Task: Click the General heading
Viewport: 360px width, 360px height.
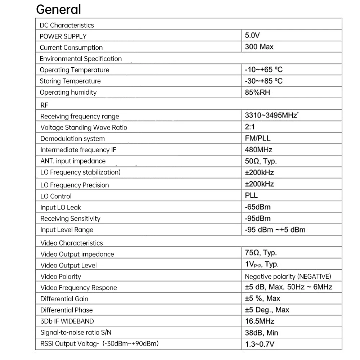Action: click(59, 10)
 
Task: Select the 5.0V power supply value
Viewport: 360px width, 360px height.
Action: click(252, 35)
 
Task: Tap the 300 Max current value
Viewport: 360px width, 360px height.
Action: click(259, 47)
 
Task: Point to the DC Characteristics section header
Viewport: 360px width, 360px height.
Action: click(67, 25)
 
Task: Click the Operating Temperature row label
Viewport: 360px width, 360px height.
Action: click(74, 70)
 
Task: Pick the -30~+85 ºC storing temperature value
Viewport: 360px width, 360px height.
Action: click(264, 81)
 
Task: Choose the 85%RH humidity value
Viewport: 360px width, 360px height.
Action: click(257, 92)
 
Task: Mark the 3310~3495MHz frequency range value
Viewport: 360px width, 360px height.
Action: click(271, 116)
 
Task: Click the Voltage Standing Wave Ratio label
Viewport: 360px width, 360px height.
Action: click(84, 127)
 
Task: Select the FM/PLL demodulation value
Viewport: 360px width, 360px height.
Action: click(257, 138)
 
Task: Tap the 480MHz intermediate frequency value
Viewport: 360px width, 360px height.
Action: click(258, 150)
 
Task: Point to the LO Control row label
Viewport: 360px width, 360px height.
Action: click(56, 196)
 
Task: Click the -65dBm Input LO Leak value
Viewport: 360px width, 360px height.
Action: click(257, 207)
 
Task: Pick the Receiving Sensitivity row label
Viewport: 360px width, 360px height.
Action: click(70, 219)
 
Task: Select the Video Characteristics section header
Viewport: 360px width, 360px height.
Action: click(72, 243)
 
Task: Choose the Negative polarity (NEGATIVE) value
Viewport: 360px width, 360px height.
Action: click(288, 276)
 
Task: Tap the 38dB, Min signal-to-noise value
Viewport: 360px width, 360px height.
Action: click(261, 333)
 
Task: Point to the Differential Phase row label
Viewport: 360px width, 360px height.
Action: click(66, 310)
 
